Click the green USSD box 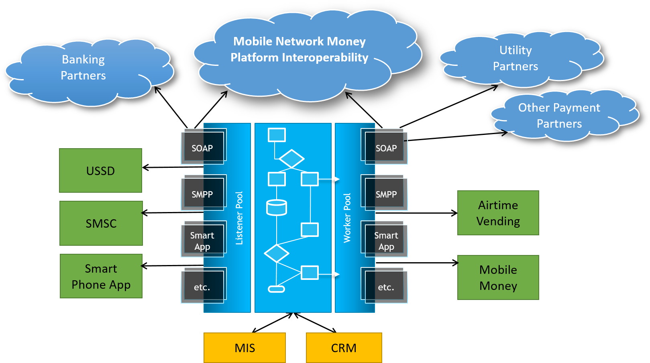100,171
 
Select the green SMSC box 101,223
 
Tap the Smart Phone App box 101,276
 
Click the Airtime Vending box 498,213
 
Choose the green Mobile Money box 498,277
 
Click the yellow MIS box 245,348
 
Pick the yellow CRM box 344,348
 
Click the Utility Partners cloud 516,59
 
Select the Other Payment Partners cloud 559,116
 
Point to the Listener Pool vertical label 239,218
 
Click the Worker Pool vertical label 347,218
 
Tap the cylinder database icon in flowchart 277,208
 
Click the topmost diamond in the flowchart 291,159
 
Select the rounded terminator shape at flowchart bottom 276,289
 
